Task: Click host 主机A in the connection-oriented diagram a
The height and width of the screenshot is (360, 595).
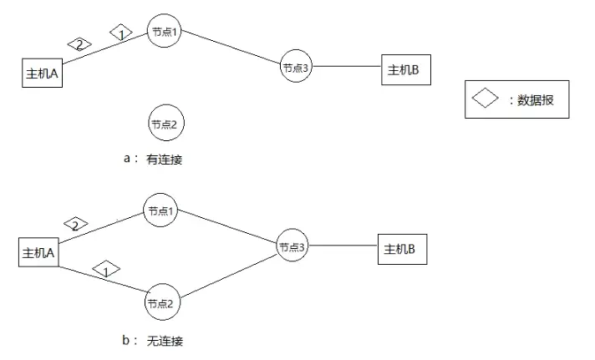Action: click(43, 73)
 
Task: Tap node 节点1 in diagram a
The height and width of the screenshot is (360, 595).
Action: click(165, 33)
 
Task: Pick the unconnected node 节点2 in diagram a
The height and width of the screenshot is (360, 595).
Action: click(165, 124)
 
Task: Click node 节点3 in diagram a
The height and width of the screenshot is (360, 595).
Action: click(296, 68)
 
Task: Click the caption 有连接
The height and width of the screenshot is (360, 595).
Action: click(164, 159)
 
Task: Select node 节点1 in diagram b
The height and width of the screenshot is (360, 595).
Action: click(160, 211)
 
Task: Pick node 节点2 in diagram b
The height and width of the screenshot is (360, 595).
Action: click(163, 303)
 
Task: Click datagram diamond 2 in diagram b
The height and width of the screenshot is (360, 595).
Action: click(75, 224)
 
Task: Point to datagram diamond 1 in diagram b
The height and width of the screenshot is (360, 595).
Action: click(106, 270)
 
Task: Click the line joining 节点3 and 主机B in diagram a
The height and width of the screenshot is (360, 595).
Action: click(347, 67)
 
